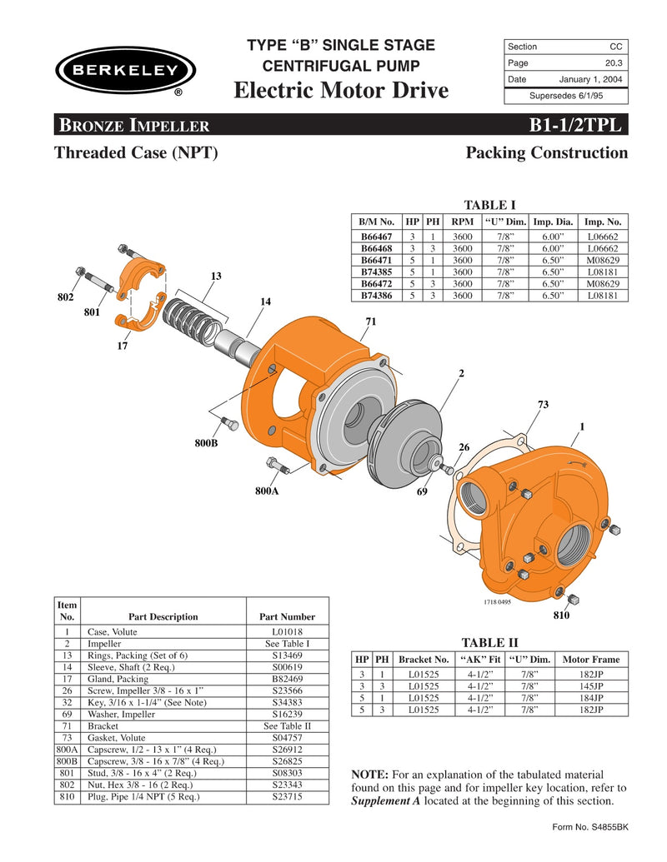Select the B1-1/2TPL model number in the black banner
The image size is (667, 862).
click(574, 126)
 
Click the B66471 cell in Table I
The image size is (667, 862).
click(377, 260)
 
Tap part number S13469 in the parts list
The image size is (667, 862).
click(287, 655)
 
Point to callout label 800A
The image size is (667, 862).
click(266, 491)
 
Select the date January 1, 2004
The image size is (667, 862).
click(592, 79)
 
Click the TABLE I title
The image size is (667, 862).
click(489, 205)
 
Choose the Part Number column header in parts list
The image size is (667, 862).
click(287, 617)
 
